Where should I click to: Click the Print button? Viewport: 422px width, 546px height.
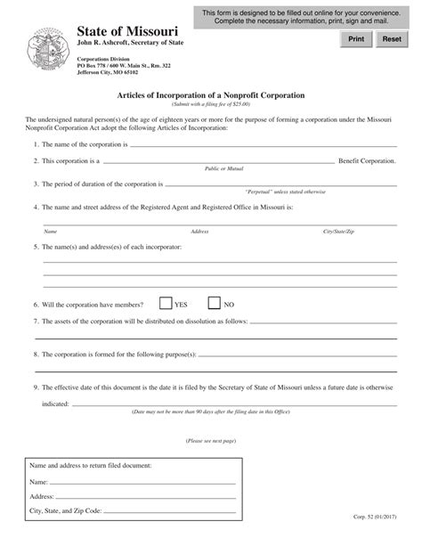[x=355, y=39]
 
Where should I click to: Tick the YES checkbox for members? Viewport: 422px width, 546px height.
[x=166, y=303]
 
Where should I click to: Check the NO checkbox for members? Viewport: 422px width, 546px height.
[x=214, y=303]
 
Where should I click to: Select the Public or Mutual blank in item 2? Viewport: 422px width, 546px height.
[x=214, y=162]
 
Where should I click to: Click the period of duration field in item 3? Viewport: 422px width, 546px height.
[x=276, y=184]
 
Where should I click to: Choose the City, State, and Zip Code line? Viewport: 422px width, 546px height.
[x=170, y=512]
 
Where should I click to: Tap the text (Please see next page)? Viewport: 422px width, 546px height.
[x=210, y=441]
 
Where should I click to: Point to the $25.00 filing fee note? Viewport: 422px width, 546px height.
[x=210, y=104]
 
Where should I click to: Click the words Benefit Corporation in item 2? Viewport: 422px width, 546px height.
[x=365, y=162]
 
